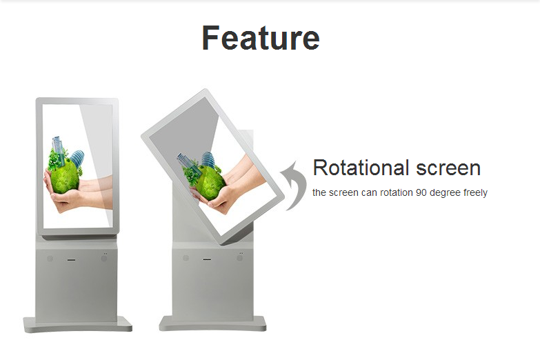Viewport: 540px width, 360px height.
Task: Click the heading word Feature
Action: click(x=261, y=37)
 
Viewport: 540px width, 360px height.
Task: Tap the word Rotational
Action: click(x=361, y=168)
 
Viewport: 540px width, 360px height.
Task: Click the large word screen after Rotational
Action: click(x=448, y=168)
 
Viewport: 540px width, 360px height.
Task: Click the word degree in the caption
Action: click(x=446, y=193)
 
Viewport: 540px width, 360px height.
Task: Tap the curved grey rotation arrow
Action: click(x=293, y=186)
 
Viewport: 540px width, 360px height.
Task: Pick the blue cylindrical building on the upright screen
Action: click(x=77, y=158)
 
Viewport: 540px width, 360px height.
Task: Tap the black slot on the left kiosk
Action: click(x=71, y=260)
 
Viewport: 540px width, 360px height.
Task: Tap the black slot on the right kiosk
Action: click(x=207, y=259)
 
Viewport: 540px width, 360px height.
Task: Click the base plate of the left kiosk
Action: click(x=78, y=325)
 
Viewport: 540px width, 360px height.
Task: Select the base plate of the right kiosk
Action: click(x=212, y=324)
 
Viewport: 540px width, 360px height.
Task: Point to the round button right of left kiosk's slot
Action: click(x=103, y=258)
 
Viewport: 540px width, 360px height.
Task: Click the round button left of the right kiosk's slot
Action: click(x=186, y=258)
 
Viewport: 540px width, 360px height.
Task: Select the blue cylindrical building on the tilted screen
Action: click(x=208, y=159)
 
